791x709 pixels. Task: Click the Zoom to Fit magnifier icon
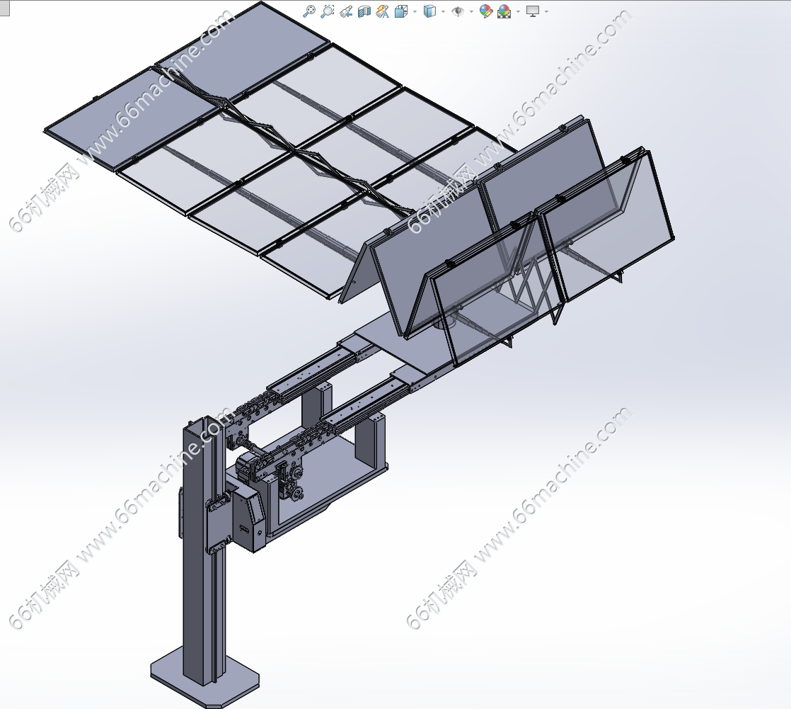pos(308,11)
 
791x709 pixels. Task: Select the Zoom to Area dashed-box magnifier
pos(328,11)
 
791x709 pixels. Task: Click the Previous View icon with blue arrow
pos(346,11)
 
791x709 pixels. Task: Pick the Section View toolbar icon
pos(364,11)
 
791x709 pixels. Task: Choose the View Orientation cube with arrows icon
pos(401,11)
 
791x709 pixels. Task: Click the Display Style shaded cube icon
pos(429,11)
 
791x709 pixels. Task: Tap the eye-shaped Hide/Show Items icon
pos(458,11)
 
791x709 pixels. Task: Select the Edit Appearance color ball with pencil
pos(486,11)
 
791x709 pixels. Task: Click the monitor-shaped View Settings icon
pos(532,11)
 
